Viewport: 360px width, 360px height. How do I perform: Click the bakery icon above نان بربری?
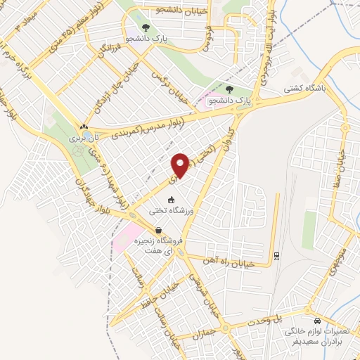coord(83,127)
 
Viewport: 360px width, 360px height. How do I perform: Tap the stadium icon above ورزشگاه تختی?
coord(171,200)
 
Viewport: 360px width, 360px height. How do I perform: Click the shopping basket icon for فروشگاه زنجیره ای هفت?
coord(159,230)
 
